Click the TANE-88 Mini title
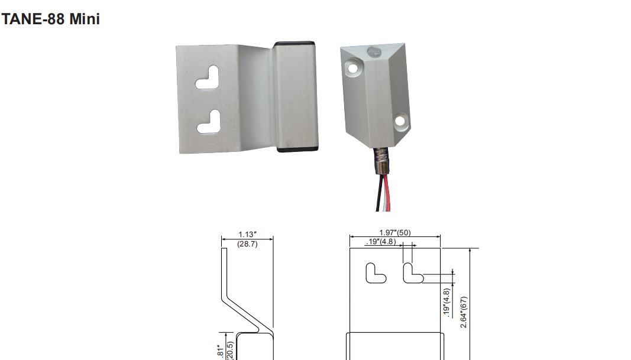click(51, 19)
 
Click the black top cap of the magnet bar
click(295, 44)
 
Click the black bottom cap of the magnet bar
click(297, 149)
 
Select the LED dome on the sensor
click(374, 51)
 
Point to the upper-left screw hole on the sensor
click(352, 67)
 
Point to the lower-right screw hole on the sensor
click(401, 121)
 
